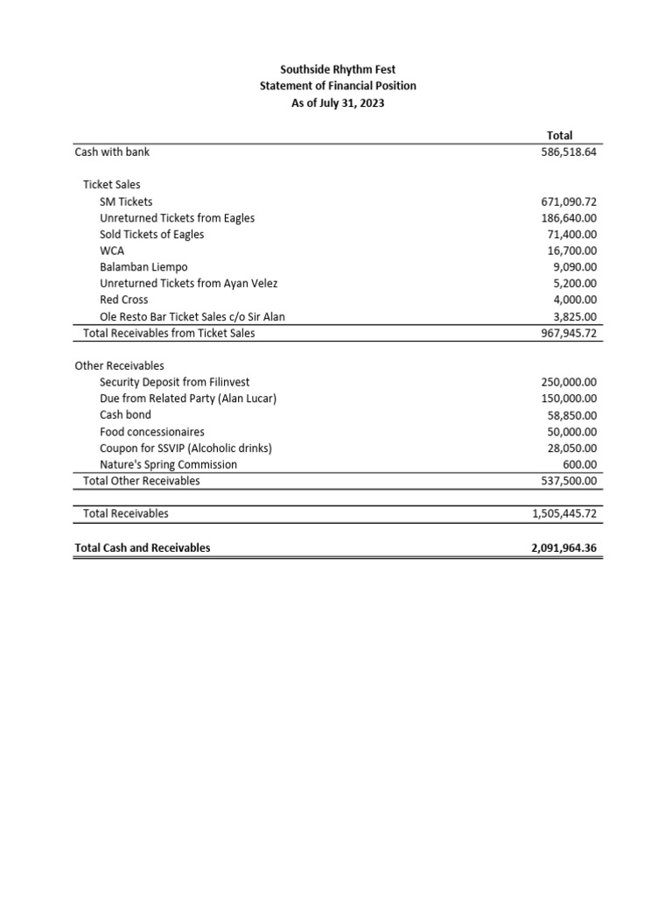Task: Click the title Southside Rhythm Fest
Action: pos(338,69)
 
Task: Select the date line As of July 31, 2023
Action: pos(338,102)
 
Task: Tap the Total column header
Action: pos(559,135)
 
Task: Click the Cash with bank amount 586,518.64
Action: pos(569,152)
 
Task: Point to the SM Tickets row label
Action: pos(126,201)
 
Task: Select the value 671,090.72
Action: pos(569,201)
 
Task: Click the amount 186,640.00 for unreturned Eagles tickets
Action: pos(569,218)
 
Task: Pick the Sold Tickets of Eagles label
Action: pos(152,234)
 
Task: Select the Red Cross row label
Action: pos(123,300)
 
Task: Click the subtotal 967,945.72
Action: pos(569,333)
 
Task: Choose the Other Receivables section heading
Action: pos(120,365)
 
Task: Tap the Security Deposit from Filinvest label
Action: pos(174,382)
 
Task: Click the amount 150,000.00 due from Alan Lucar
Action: pos(569,399)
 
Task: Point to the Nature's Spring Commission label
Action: pos(168,464)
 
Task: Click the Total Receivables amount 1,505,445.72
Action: pos(564,513)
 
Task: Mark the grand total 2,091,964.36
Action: pos(564,547)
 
